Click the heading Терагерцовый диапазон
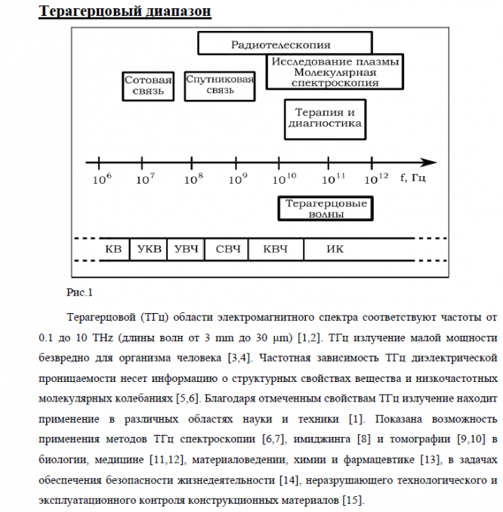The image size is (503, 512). [x=125, y=11]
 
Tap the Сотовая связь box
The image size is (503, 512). [x=148, y=85]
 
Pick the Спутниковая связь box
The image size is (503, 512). [x=220, y=85]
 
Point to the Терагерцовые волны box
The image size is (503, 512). [x=326, y=209]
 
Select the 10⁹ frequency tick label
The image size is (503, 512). [x=239, y=179]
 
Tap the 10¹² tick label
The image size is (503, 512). [x=377, y=178]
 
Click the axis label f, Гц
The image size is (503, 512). [x=414, y=178]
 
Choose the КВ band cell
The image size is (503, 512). [x=113, y=249]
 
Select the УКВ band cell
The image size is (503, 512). [x=148, y=249]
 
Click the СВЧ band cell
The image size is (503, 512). [x=227, y=249]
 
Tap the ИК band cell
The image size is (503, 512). [x=335, y=249]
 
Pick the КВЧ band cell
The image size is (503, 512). [x=275, y=249]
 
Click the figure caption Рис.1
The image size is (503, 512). [x=79, y=292]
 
